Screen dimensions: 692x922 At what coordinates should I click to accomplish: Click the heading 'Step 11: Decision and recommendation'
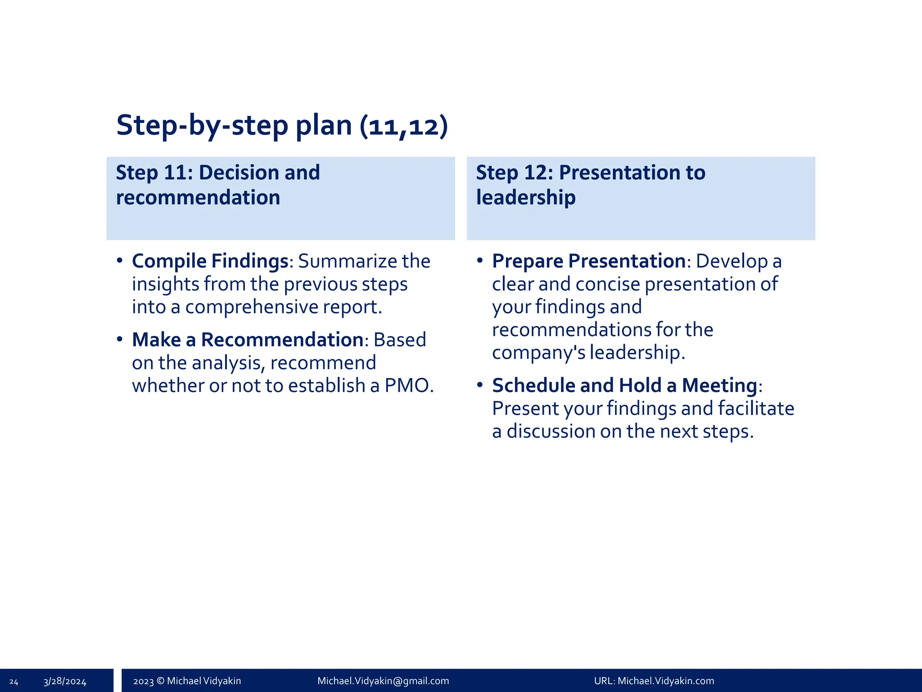coord(217,185)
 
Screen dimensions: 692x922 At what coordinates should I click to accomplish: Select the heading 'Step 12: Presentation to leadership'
coord(590,185)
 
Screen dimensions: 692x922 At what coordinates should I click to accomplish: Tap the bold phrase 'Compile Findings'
coord(210,261)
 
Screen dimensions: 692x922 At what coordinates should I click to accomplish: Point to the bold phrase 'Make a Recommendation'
coord(247,340)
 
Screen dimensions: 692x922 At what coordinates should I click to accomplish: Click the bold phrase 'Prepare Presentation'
coord(589,261)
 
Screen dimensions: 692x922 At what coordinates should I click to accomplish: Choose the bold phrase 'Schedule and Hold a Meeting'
coord(624,385)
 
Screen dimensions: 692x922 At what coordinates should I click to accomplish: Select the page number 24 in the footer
coord(14,682)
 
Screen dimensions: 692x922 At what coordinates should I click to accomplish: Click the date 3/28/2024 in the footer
coord(65,682)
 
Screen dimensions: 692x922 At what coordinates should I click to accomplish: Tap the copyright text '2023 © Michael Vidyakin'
coord(187,681)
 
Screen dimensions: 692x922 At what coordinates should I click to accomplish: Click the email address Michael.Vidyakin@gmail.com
coord(383,681)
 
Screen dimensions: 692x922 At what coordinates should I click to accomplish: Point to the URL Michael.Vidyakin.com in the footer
coord(666,681)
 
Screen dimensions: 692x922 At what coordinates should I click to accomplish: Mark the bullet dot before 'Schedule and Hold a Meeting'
coord(480,385)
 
